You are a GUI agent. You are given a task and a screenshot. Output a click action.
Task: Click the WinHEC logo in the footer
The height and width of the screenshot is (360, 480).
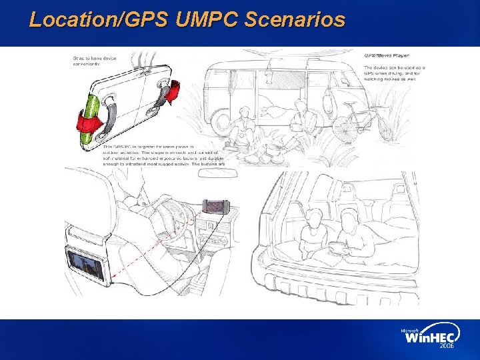(x=429, y=337)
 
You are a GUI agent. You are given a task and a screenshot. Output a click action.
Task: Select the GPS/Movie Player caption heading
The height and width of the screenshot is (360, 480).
(x=387, y=55)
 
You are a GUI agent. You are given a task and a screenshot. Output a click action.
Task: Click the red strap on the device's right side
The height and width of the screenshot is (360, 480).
(x=172, y=92)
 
